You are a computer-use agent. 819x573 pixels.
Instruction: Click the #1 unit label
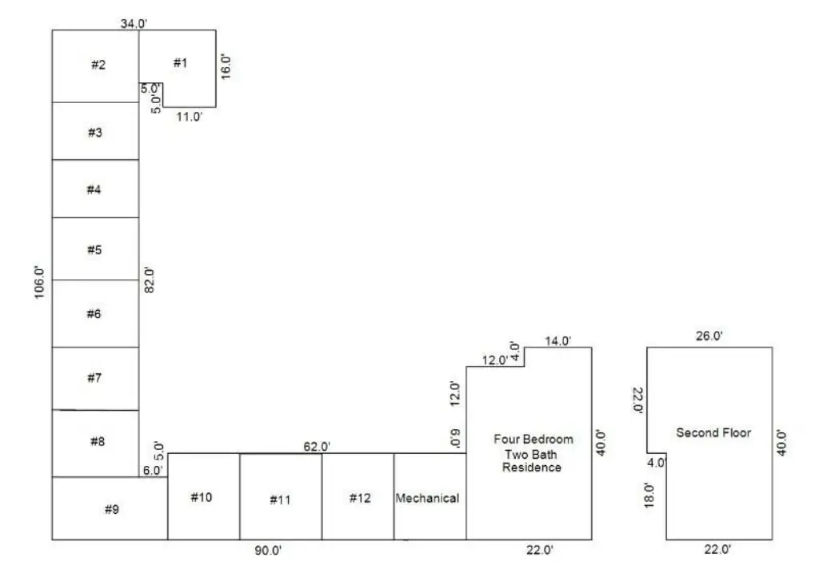[180, 63]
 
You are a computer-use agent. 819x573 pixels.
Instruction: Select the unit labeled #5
[94, 250]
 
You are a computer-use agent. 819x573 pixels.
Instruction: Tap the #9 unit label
[112, 509]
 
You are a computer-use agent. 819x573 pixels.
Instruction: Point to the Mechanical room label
[427, 499]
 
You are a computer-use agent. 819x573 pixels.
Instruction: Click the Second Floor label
[713, 432]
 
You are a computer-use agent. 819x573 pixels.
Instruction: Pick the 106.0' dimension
[40, 282]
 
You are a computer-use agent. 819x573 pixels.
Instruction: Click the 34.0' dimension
[134, 23]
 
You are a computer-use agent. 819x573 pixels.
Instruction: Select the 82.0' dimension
[150, 280]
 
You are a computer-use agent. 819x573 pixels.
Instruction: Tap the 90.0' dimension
[269, 550]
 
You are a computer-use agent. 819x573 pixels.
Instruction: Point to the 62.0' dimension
[317, 447]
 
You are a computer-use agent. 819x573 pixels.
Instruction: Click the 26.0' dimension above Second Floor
[709, 336]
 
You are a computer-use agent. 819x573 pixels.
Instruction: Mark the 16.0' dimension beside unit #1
[226, 66]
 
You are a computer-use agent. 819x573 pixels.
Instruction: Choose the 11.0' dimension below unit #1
[189, 117]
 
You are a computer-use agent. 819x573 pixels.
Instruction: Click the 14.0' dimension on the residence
[557, 341]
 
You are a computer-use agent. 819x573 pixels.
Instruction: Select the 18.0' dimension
[649, 495]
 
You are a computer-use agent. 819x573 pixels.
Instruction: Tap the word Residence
[532, 467]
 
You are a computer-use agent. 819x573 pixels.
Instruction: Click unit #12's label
[360, 499]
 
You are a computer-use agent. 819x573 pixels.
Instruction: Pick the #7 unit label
[94, 378]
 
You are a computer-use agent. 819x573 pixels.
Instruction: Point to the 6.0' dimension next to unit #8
[153, 470]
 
